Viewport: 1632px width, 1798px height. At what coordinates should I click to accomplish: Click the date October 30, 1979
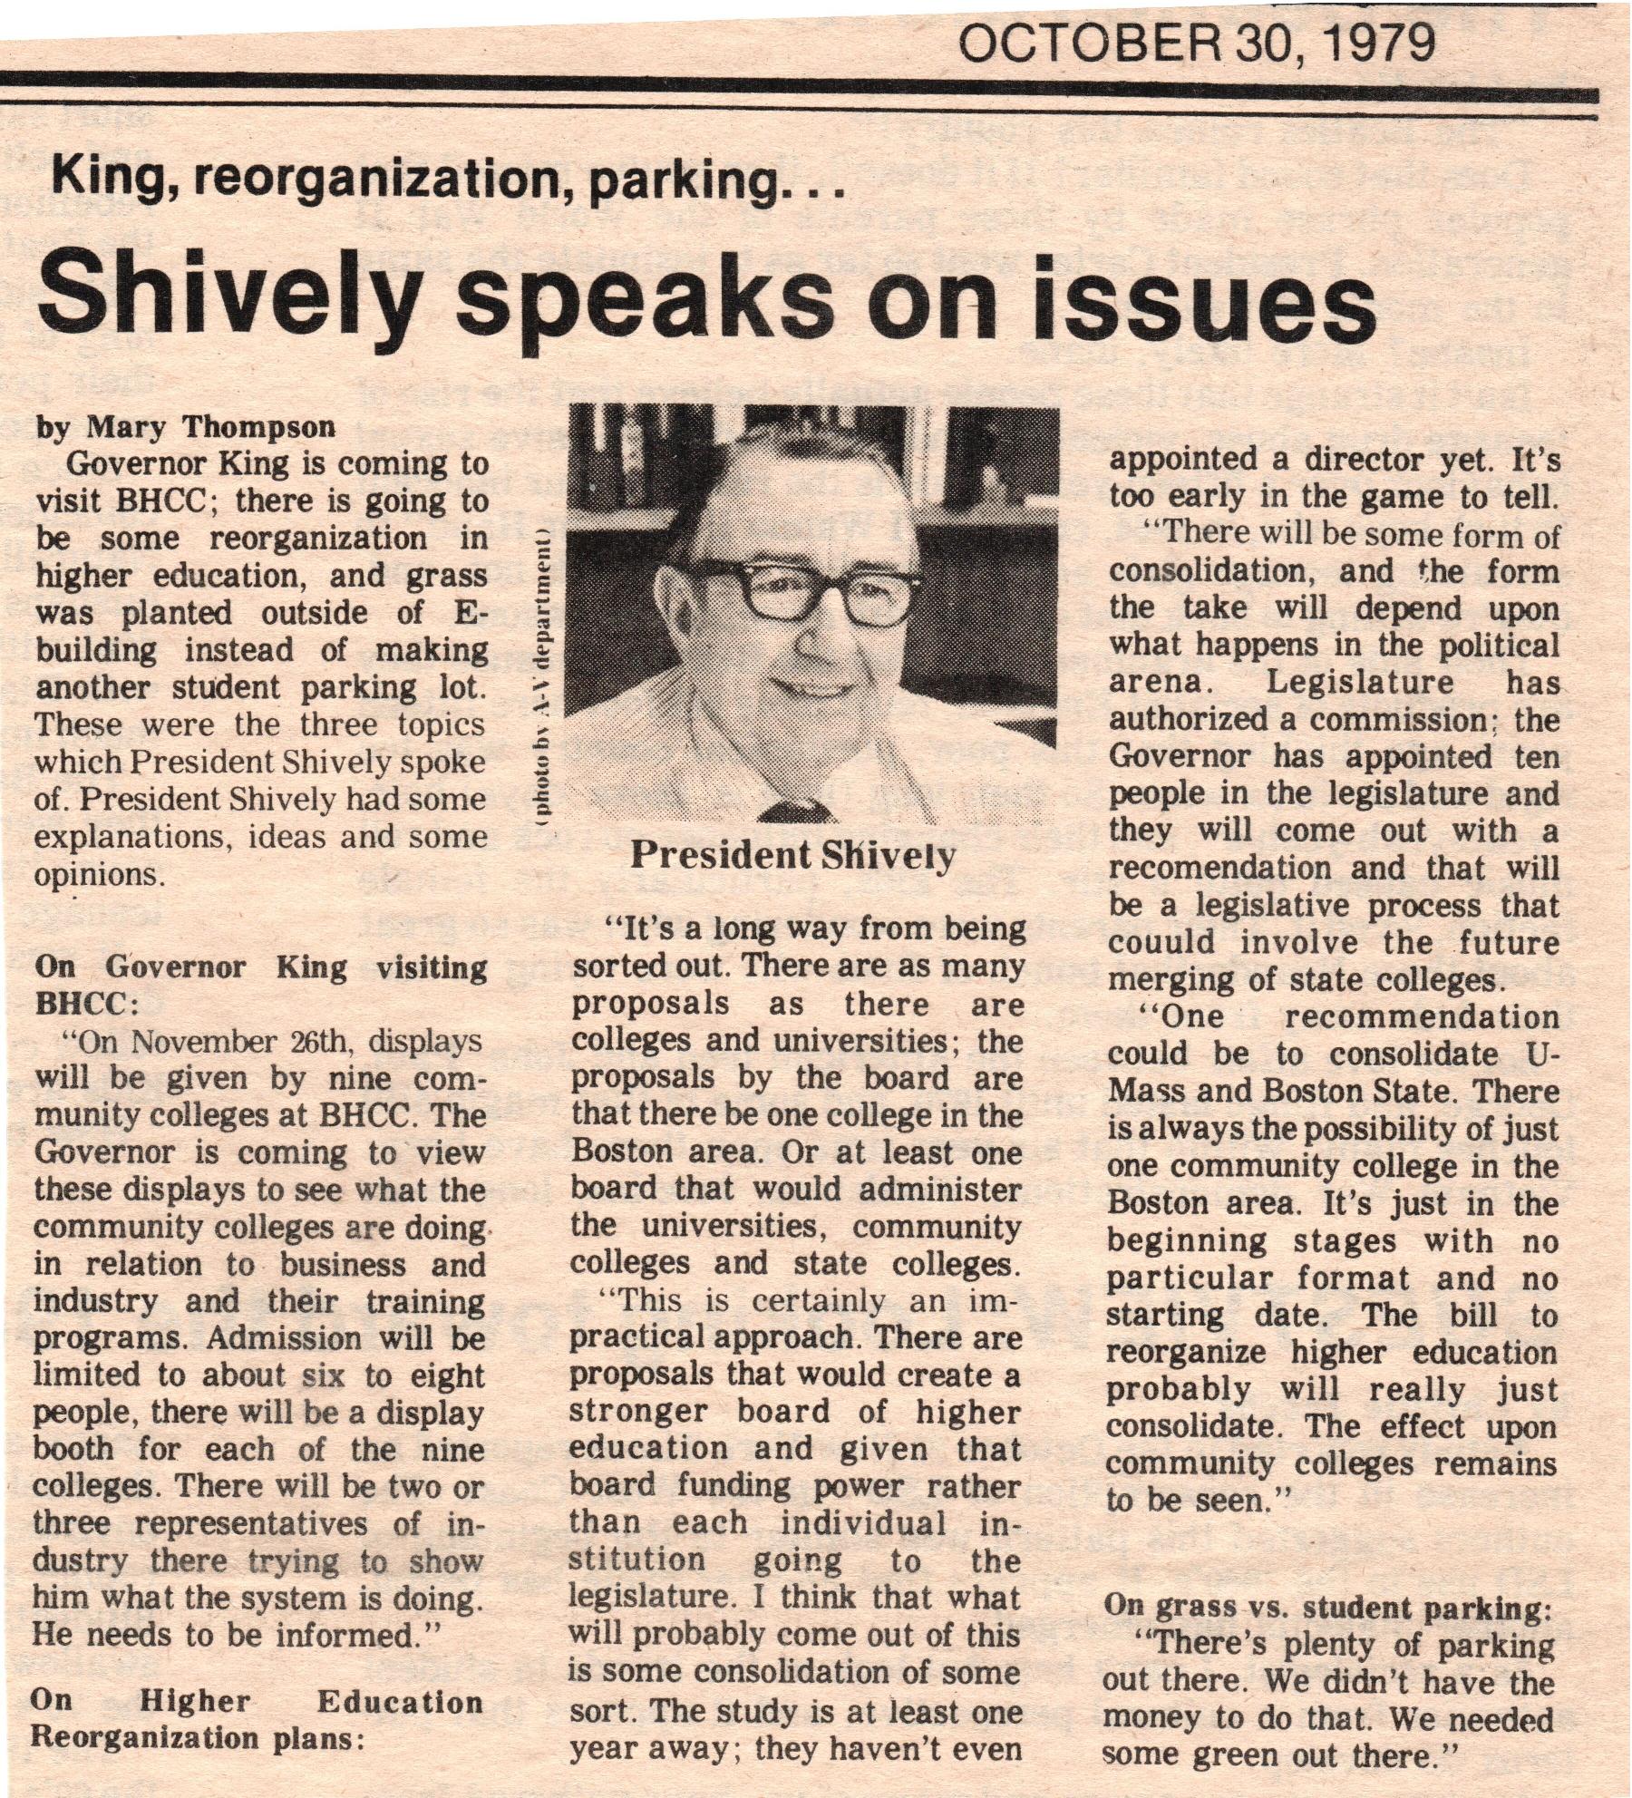coord(1197,43)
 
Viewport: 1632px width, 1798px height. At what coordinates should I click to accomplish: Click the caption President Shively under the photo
coord(792,855)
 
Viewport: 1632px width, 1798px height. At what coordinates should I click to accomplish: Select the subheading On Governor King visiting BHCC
coord(259,986)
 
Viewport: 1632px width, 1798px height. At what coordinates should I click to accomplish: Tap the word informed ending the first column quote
coord(350,1635)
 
